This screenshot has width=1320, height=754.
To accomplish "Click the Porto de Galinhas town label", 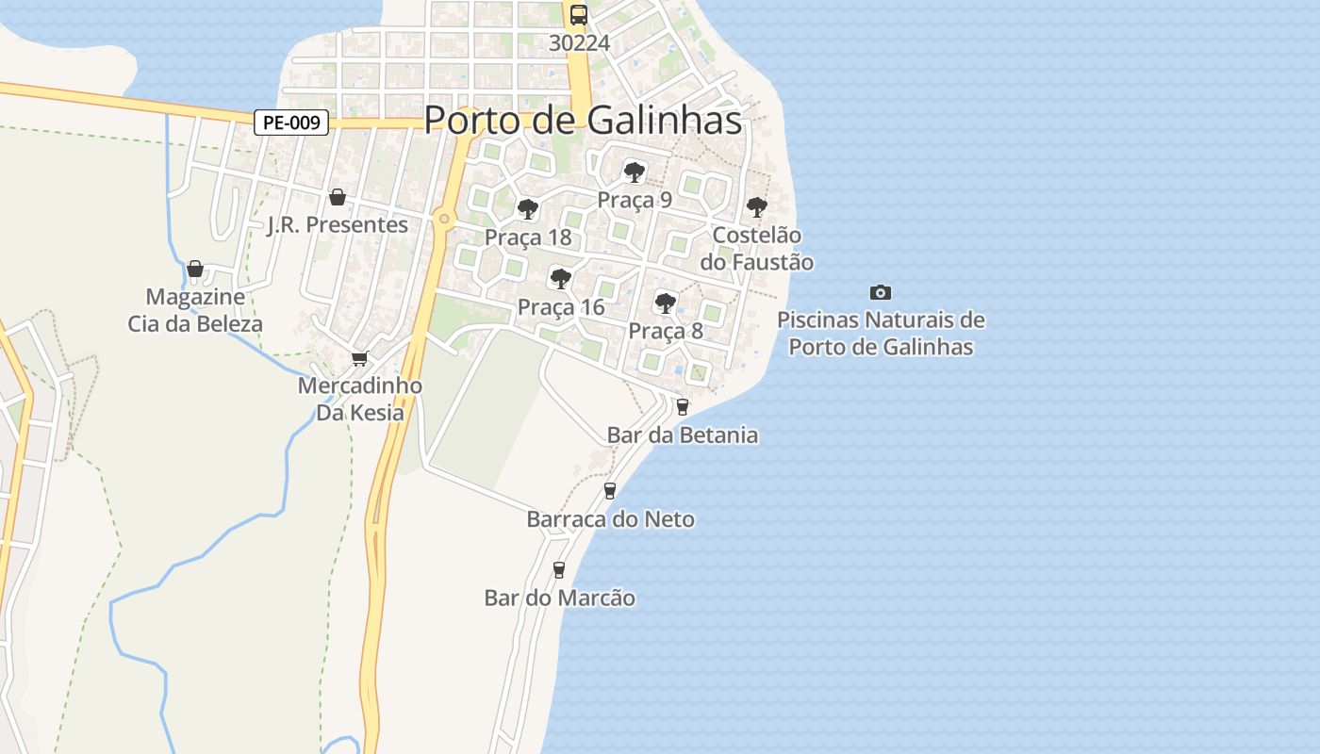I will pyautogui.click(x=583, y=120).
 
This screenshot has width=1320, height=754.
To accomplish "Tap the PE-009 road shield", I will pyautogui.click(x=291, y=123).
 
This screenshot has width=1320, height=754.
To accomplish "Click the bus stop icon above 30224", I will pyautogui.click(x=579, y=15).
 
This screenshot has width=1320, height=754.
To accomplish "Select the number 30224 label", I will pyautogui.click(x=579, y=43).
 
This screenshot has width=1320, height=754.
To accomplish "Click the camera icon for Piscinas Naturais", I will pyautogui.click(x=881, y=293).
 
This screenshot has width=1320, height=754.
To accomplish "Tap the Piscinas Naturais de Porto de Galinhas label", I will pyautogui.click(x=881, y=334).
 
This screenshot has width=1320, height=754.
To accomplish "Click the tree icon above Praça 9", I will pyautogui.click(x=635, y=172).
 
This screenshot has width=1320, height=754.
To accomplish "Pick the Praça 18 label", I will pyautogui.click(x=528, y=238).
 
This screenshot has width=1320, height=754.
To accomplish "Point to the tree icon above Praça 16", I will pyautogui.click(x=561, y=278).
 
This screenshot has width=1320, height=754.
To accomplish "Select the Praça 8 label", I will pyautogui.click(x=666, y=331).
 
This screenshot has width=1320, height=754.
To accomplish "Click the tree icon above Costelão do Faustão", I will pyautogui.click(x=756, y=206).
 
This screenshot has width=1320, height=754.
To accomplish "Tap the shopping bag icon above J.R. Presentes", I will pyautogui.click(x=337, y=197).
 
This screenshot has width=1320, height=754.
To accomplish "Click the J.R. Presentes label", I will pyautogui.click(x=338, y=224).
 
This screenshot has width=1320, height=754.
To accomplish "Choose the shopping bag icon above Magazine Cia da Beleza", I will pyautogui.click(x=195, y=270).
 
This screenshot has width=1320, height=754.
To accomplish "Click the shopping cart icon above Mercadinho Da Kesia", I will pyautogui.click(x=359, y=358).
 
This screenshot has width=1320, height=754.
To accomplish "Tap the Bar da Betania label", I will pyautogui.click(x=683, y=434).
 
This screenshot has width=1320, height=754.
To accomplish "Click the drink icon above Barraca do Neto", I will pyautogui.click(x=610, y=491).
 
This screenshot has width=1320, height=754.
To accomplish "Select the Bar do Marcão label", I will pyautogui.click(x=559, y=598).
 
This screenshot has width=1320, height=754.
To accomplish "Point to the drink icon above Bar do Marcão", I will pyautogui.click(x=559, y=569).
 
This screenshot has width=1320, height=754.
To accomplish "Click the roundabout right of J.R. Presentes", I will pyautogui.click(x=444, y=219).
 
